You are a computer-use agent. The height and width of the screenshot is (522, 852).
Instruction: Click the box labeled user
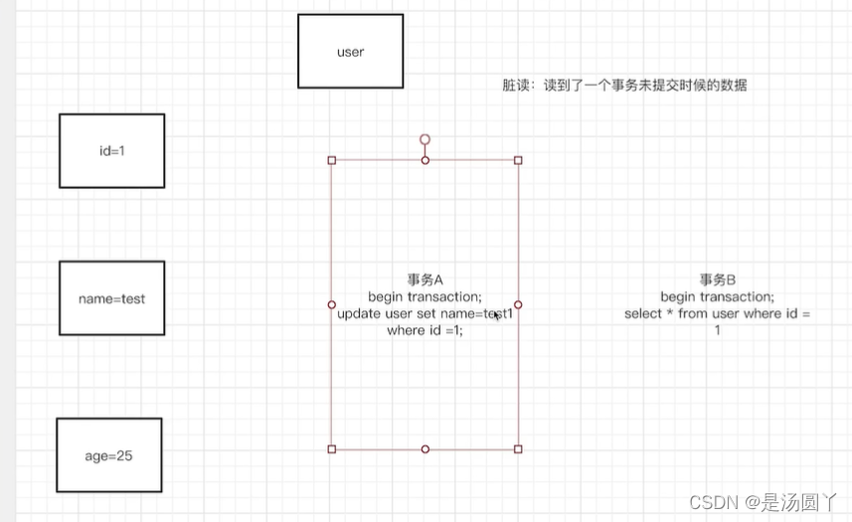pos(351,52)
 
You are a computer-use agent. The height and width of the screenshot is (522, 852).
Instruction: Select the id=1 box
pos(111,150)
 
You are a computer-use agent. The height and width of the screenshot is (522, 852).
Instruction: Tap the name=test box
pos(111,298)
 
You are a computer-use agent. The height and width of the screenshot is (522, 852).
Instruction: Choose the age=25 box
pos(108,455)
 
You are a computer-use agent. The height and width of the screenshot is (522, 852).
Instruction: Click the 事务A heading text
pos(425,280)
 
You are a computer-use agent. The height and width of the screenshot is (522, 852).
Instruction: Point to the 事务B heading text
pos(716,280)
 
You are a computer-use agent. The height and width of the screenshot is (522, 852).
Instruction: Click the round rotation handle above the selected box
pos(425,140)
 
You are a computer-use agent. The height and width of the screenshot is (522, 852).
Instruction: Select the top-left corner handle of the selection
pos(332,160)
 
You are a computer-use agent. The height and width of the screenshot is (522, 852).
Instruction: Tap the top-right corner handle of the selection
pos(518,160)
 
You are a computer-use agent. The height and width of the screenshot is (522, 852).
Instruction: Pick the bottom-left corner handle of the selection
pos(332,449)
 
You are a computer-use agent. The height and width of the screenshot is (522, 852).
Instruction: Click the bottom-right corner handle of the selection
pos(518,449)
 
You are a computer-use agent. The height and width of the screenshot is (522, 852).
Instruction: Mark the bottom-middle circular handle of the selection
pos(425,449)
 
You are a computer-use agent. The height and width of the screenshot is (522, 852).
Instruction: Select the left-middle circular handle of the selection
pos(332,304)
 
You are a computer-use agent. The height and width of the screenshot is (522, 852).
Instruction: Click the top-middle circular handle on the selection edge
pos(425,160)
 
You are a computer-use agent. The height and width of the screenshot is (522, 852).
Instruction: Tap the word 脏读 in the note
pos(514,87)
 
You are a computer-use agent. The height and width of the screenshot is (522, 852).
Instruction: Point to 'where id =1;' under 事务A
pos(425,331)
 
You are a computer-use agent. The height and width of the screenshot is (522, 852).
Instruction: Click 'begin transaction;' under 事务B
pos(717,297)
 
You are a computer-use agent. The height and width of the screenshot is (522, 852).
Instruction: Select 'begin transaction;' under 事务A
pos(425,297)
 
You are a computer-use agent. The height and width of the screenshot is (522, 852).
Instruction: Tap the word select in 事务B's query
pos(644,314)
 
